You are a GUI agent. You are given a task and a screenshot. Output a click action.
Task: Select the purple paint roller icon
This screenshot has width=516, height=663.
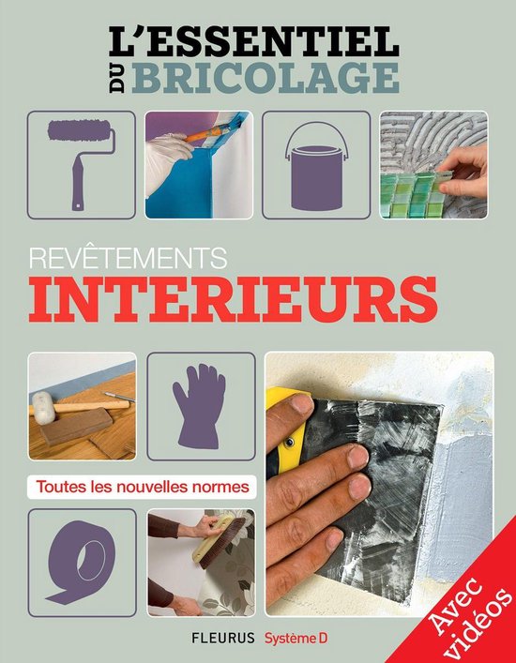tap(81, 164)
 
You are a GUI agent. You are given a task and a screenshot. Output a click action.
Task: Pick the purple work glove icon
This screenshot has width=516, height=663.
tap(201, 406)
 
